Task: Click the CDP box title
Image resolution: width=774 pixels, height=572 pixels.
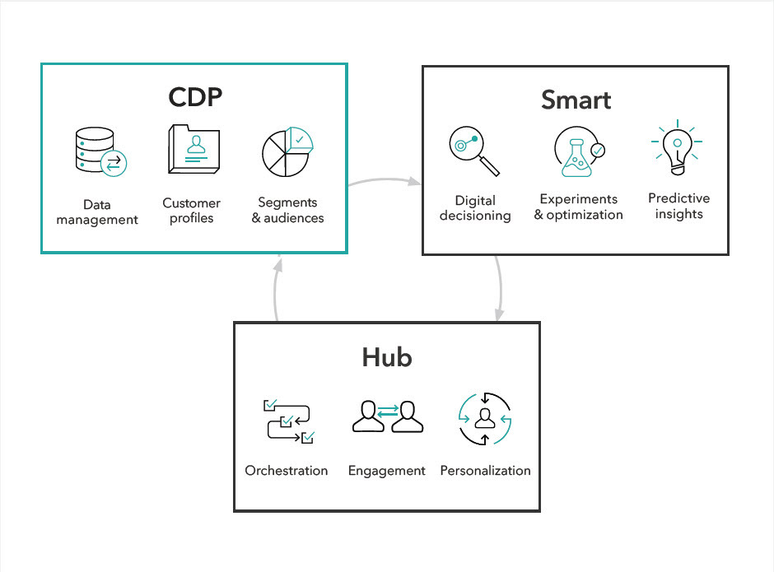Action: point(195,97)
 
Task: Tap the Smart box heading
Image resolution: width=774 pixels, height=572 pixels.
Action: point(576,100)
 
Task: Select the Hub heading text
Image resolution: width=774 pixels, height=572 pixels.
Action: point(387,358)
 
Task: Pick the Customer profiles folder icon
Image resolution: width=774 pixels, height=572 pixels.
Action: point(193,150)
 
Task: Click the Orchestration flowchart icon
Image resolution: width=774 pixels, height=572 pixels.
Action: point(287,422)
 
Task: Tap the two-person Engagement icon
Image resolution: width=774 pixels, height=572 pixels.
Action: point(388,417)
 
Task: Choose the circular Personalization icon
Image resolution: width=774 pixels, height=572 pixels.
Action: point(485,419)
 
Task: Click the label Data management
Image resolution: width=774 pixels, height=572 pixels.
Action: point(97,212)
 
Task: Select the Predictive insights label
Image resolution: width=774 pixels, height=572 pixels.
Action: point(678,206)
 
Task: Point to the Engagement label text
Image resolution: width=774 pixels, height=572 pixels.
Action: point(387,471)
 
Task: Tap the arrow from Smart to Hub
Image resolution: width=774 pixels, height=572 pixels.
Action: point(501,288)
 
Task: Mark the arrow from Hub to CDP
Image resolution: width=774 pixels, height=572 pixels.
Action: point(277,288)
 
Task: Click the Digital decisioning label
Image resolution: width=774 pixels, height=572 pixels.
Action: point(475,207)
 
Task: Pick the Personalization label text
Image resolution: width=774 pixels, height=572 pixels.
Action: point(485,471)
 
